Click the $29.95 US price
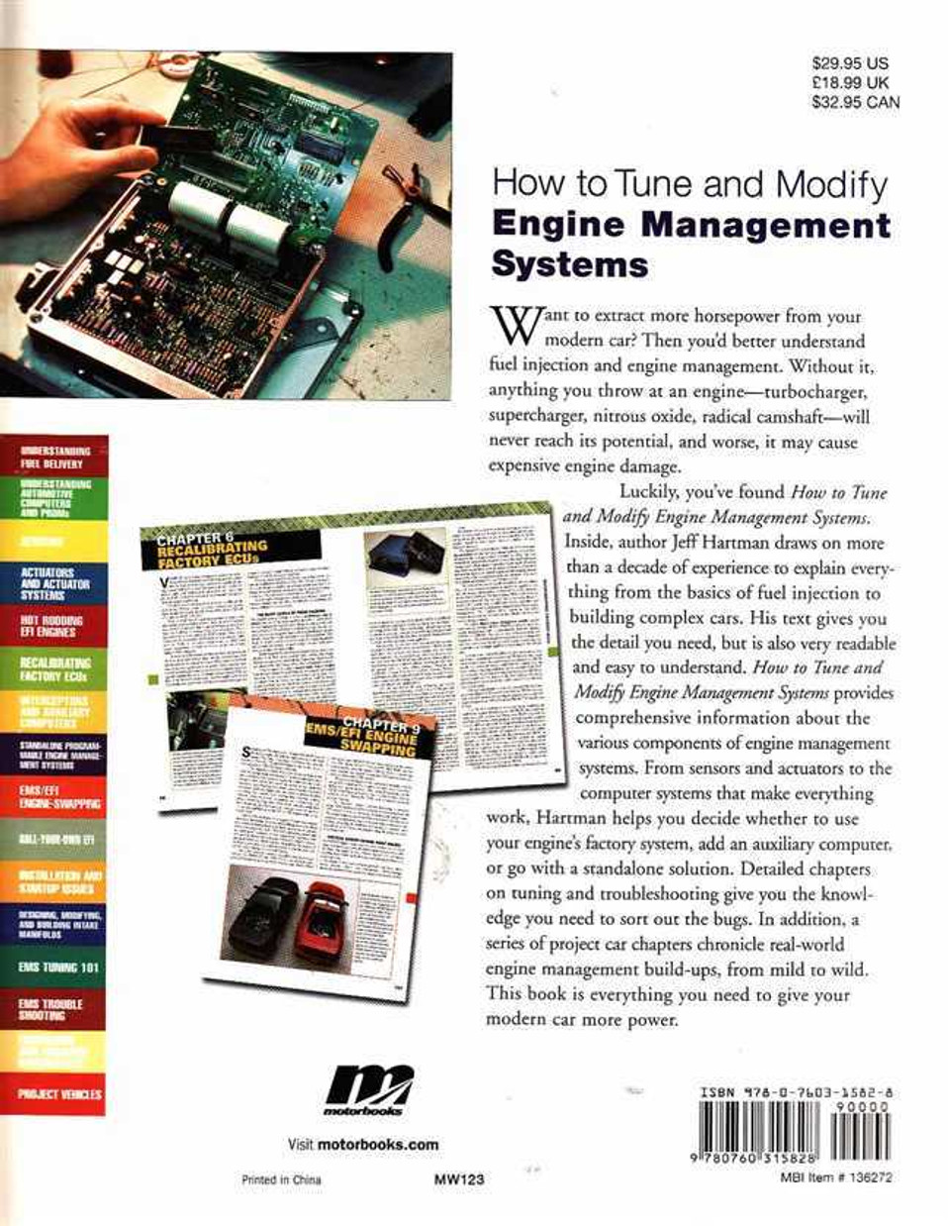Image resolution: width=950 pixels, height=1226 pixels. pos(849,62)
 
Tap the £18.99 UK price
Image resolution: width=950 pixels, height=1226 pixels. pos(849,82)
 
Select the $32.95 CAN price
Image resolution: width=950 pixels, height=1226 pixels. pos(855,102)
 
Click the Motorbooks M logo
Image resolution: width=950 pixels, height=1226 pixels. pos(369,1090)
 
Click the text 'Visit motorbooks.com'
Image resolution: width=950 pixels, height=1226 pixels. pos(362,1144)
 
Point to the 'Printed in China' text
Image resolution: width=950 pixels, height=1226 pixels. pos(281,1179)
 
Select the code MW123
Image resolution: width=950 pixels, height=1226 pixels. pos(458,1179)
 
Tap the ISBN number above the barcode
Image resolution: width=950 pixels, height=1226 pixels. pos(797,1093)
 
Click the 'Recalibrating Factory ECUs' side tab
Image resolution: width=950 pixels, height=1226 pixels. pos(55,669)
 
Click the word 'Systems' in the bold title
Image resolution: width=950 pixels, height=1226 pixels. pos(570,264)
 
